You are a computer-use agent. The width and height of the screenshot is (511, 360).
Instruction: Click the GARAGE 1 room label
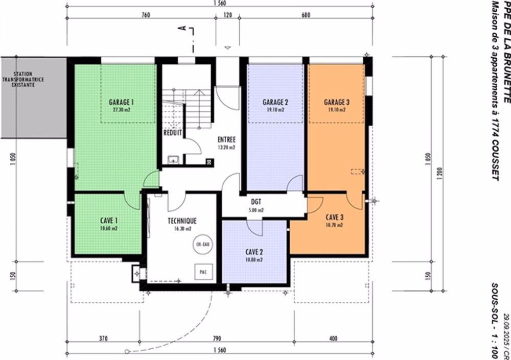point(121,102)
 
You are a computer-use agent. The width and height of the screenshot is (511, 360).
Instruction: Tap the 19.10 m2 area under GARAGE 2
point(275,110)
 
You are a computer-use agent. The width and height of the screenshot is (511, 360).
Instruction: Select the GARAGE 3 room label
point(337,102)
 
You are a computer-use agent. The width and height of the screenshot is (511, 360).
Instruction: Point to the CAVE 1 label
point(109,221)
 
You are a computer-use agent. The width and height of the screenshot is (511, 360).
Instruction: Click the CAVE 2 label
point(254,252)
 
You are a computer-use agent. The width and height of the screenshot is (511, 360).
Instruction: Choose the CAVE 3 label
point(335,217)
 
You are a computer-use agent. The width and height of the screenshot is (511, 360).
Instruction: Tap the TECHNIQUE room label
point(182,221)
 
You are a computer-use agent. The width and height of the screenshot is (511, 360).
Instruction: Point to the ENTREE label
point(226,139)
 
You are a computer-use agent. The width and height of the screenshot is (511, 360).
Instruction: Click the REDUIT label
point(173,132)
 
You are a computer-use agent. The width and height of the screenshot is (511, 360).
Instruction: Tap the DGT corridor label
point(257,202)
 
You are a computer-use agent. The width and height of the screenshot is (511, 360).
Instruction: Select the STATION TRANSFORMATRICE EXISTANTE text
point(33,80)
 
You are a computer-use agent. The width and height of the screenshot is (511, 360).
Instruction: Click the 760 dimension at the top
point(145,15)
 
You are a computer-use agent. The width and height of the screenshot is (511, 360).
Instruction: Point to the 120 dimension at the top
point(228,15)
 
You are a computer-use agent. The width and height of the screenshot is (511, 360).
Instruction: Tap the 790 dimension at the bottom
point(217,339)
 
